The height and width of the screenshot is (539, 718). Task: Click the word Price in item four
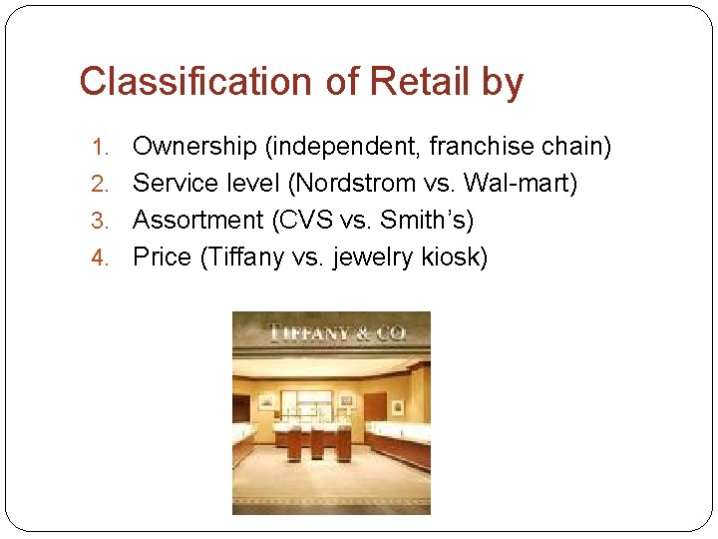[x=162, y=258]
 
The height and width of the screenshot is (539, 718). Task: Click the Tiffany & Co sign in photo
[x=331, y=332]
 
